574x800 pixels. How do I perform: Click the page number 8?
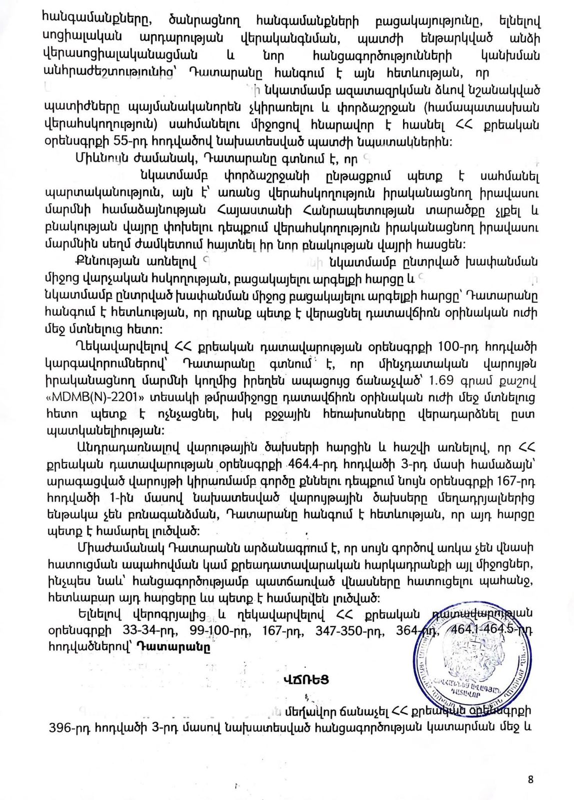click(530, 779)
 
